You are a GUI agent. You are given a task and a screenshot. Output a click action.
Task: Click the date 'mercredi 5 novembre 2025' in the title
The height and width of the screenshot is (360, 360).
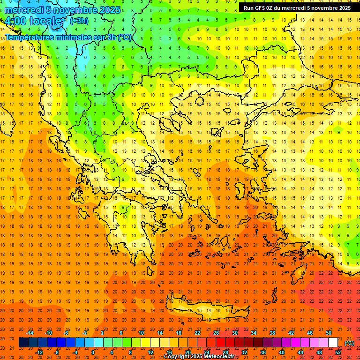point(62,9)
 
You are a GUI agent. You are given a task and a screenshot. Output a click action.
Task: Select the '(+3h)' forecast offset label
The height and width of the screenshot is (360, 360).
point(78,21)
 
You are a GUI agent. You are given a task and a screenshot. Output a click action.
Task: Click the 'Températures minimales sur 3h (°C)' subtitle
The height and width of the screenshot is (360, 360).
point(68,37)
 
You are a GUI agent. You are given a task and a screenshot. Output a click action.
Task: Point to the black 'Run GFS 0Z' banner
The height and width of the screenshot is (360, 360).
point(297,7)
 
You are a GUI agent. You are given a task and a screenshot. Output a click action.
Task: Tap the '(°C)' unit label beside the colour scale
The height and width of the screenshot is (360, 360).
point(349,343)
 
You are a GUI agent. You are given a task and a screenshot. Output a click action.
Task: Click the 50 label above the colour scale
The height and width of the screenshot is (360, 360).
point(329,333)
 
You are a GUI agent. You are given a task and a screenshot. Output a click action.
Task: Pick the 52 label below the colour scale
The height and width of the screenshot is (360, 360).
point(338,352)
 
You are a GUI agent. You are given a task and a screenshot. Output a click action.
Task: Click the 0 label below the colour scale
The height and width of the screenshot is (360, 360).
point(93,352)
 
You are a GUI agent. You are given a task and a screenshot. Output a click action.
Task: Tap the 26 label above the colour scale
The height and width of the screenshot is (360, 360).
point(216,333)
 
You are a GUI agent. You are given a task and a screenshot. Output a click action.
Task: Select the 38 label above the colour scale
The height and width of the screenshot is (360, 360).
point(272,333)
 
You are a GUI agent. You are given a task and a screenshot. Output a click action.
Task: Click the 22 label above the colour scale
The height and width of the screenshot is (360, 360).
point(197,333)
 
